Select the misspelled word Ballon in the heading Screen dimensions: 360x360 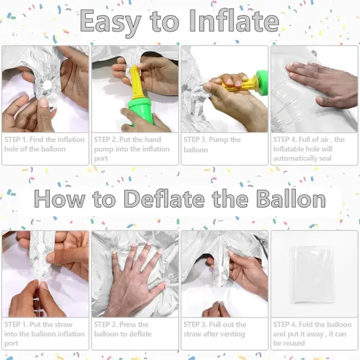pyautogui.click(x=291, y=198)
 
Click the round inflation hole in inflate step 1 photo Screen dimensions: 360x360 pyautogui.click(x=48, y=85)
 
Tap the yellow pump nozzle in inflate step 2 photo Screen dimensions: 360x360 pyautogui.click(x=136, y=82)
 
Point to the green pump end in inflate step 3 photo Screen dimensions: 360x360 pyautogui.click(x=262, y=81)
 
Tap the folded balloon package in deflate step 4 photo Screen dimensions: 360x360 pyautogui.click(x=312, y=274)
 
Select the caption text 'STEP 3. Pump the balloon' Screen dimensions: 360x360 pyautogui.click(x=212, y=145)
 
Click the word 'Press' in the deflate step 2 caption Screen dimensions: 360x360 pyautogui.click(x=128, y=325)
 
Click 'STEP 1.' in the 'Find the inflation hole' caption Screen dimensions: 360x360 pyautogui.click(x=16, y=139)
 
